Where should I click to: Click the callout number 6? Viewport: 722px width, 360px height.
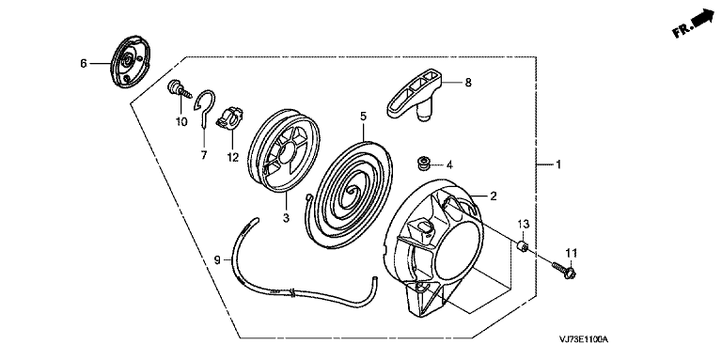click(84, 64)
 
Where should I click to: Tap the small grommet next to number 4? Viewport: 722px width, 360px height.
click(421, 163)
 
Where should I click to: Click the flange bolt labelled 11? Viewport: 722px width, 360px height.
click(564, 270)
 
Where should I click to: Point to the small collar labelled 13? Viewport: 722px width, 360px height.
click(522, 247)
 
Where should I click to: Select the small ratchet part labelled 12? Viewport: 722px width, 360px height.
click(228, 117)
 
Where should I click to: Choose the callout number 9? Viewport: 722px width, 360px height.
click(218, 260)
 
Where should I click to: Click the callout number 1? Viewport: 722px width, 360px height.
click(558, 164)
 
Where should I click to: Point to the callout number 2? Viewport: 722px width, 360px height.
click(494, 196)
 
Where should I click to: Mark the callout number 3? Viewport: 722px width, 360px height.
click(286, 218)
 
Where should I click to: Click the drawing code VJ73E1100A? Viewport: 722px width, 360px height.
click(584, 339)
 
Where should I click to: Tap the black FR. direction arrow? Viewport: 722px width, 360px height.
click(701, 19)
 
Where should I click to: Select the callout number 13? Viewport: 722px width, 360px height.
click(524, 225)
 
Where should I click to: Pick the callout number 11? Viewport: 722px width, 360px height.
click(571, 253)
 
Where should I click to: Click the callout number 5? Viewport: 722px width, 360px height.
click(363, 117)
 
